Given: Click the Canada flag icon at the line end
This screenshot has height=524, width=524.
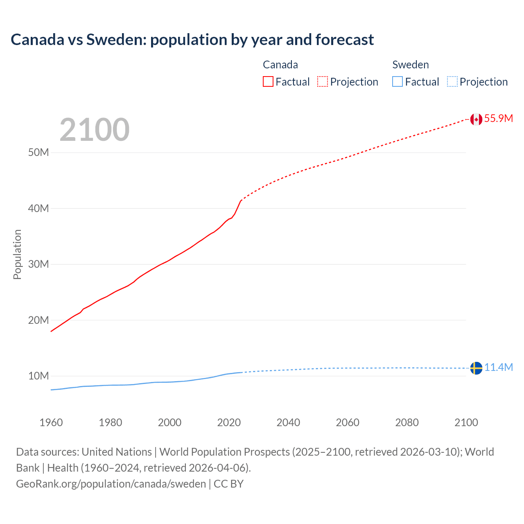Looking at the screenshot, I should (x=476, y=119).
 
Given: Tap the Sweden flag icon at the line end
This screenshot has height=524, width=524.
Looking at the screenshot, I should (x=476, y=368).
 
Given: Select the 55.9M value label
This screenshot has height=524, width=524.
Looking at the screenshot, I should (x=498, y=119).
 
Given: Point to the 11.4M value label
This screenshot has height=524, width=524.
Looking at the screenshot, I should (x=498, y=368).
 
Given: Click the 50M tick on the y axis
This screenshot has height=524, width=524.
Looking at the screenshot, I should (x=38, y=153).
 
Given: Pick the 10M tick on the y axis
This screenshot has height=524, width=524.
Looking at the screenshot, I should (x=38, y=376).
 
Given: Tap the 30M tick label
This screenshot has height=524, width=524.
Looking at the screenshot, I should (x=38, y=264).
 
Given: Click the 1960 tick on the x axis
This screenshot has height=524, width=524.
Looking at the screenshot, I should (x=51, y=422).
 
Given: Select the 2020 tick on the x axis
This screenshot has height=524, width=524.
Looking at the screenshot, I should (x=229, y=422).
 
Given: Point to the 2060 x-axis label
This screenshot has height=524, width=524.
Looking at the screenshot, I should (x=348, y=422).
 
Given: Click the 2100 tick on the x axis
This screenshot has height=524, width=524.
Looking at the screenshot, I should (x=466, y=422).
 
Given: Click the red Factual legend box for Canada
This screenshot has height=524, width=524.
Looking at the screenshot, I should (x=268, y=82).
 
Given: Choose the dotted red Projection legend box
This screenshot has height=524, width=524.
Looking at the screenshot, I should (x=323, y=82).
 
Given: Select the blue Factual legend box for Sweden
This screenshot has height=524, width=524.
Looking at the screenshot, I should (x=398, y=82).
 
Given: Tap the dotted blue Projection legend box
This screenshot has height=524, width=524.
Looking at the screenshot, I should (x=452, y=82).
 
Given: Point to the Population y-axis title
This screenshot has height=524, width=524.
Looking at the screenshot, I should (x=17, y=254).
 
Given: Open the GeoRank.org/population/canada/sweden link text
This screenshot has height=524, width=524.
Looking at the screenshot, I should (x=111, y=484).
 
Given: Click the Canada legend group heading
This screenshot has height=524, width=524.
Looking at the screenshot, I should (x=280, y=65).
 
